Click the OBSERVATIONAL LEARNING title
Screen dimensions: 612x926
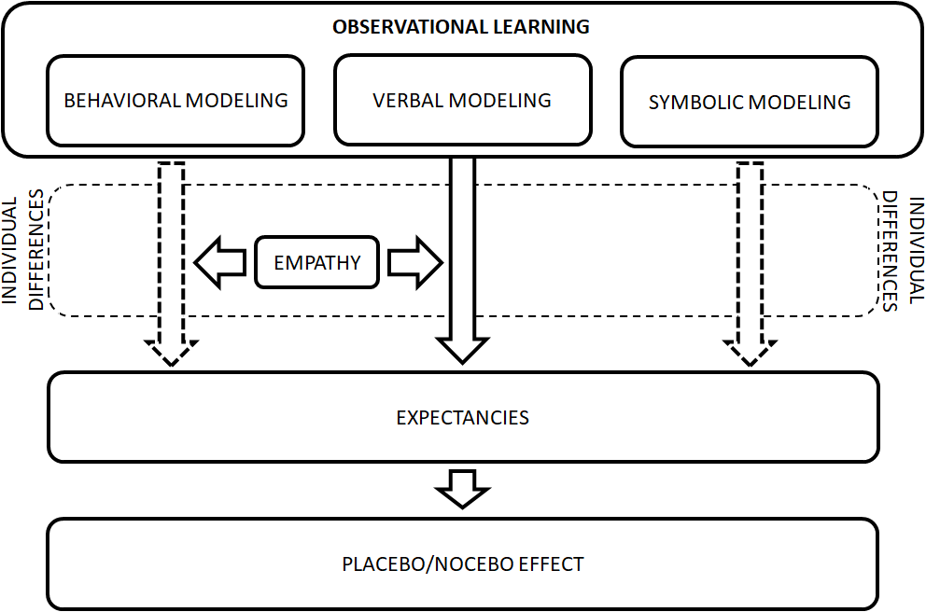pyautogui.click(x=461, y=27)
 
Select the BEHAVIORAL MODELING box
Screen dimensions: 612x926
pyautogui.click(x=175, y=101)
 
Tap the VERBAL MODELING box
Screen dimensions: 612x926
pyautogui.click(x=462, y=100)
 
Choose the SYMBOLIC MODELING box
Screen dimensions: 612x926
pyautogui.click(x=750, y=102)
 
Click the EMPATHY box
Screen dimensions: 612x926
pyautogui.click(x=317, y=262)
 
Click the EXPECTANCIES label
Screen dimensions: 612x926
pyautogui.click(x=462, y=417)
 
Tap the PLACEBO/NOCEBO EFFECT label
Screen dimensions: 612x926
pyautogui.click(x=462, y=564)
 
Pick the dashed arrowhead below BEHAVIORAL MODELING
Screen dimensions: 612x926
pyautogui.click(x=172, y=352)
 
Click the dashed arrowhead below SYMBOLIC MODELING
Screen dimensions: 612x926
pyautogui.click(x=751, y=352)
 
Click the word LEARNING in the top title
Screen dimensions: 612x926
pyautogui.click(x=541, y=27)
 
